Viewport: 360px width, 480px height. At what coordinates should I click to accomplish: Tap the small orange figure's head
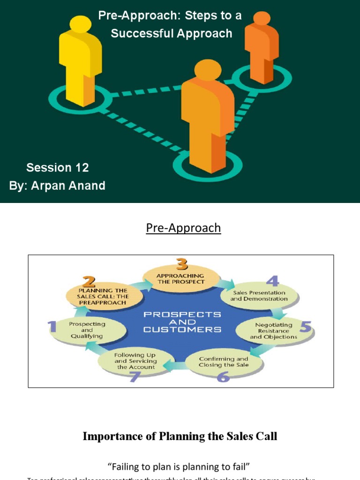coord(262,18)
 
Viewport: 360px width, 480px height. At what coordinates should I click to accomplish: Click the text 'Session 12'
coord(57,167)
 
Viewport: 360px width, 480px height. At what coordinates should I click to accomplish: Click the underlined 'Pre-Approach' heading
coord(183,228)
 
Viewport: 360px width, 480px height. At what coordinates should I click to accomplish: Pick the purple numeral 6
coord(223,375)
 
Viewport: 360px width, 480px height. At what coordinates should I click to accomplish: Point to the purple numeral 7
coord(135,376)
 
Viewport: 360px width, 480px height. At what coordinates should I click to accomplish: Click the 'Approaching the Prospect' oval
coord(181,278)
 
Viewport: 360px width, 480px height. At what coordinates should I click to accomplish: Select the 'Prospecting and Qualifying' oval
coord(87,330)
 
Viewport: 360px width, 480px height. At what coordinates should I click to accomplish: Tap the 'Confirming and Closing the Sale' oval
coord(223,362)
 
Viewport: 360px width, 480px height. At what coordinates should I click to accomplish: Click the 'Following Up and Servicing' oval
coord(135,361)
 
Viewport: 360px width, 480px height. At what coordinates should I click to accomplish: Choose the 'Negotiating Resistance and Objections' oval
coord(273,330)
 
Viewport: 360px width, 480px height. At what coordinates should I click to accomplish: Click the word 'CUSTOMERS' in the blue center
coord(182,329)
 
